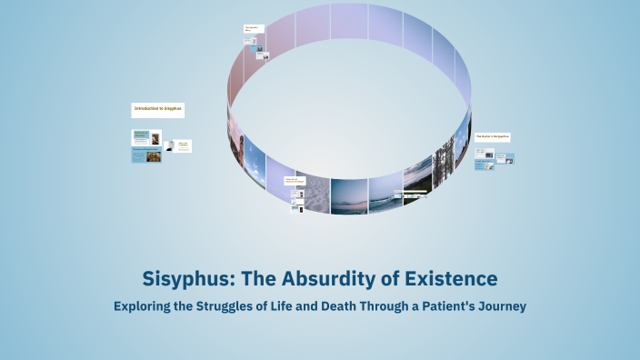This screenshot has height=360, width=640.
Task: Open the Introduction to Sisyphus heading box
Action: point(157,110)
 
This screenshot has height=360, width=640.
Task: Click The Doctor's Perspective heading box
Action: point(492,137)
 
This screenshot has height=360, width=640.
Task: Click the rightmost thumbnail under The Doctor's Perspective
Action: point(509,159)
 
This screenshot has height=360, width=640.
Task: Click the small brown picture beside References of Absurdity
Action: point(155,156)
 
